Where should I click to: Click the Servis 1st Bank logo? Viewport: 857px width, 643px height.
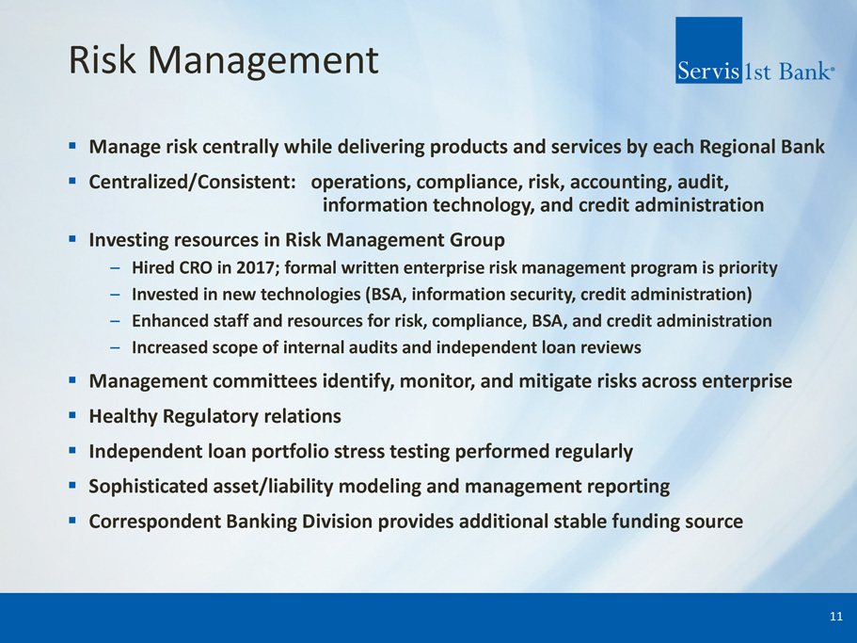(x=754, y=50)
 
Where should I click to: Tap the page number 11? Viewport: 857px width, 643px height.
(x=836, y=617)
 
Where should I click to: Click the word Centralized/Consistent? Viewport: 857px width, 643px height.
(x=193, y=182)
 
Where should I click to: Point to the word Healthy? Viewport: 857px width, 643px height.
(x=123, y=417)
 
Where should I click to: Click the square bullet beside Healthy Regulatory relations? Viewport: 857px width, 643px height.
(x=72, y=415)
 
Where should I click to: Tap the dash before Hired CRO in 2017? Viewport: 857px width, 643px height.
(x=115, y=268)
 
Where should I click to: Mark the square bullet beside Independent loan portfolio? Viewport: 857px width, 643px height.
(x=72, y=451)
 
